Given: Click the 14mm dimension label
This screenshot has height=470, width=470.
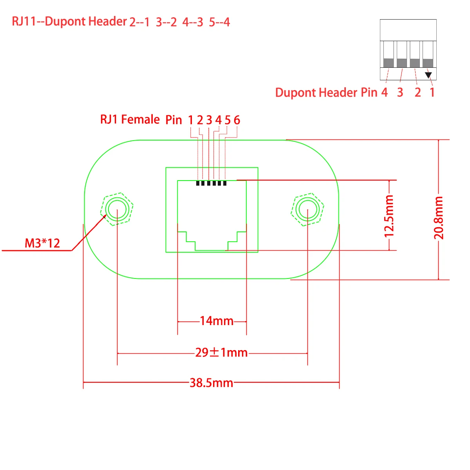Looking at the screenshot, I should coord(217,321).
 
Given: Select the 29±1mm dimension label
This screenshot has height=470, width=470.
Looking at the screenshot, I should coord(221,352).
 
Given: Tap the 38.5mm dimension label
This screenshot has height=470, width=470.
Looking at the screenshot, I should coord(211,383).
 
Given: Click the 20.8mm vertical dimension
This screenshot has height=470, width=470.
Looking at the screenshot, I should coord(439,218).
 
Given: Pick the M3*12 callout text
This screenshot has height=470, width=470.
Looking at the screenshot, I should coord(42,243).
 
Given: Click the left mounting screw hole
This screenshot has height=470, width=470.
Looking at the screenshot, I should coord(117,209).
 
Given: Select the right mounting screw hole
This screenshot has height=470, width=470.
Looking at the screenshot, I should coord(307,209).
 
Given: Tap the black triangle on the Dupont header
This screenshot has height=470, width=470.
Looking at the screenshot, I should coord(428,74).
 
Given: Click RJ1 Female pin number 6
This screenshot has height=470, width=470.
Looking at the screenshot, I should coord(237,120).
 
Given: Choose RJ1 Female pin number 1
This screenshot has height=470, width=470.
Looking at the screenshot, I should coord(191,120).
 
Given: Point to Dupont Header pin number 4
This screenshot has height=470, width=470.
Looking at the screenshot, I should coord(385,92).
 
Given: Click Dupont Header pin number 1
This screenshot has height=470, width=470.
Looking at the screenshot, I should coord(432,92).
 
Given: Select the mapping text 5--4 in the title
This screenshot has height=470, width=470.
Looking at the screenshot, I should coord(219,22).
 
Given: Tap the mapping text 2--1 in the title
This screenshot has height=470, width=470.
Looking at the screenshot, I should coord(139,22).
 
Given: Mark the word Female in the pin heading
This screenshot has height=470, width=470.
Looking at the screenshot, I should coord(141,119).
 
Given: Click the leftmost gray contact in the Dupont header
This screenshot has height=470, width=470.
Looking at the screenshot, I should coord(388,63).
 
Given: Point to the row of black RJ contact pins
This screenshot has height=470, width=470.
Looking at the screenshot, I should coord(211,183).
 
